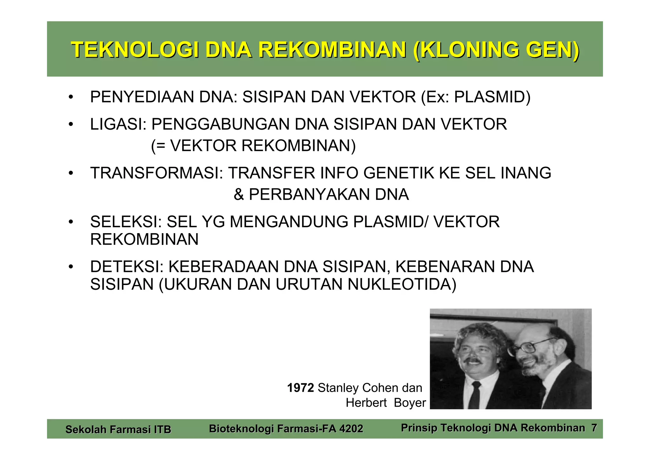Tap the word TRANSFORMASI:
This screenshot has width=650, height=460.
pos(156,173)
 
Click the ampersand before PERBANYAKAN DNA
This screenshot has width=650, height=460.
pos(239,194)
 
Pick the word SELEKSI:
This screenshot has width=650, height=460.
pos(126,222)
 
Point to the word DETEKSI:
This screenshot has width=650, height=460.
pos(127,267)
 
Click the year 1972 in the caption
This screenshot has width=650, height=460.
pos(300,388)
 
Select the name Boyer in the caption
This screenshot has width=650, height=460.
pos(410,403)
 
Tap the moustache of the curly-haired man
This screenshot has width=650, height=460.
pos(472,361)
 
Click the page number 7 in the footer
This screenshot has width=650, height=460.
pos(594,428)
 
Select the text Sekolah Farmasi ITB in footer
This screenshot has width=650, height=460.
pos(118,430)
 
